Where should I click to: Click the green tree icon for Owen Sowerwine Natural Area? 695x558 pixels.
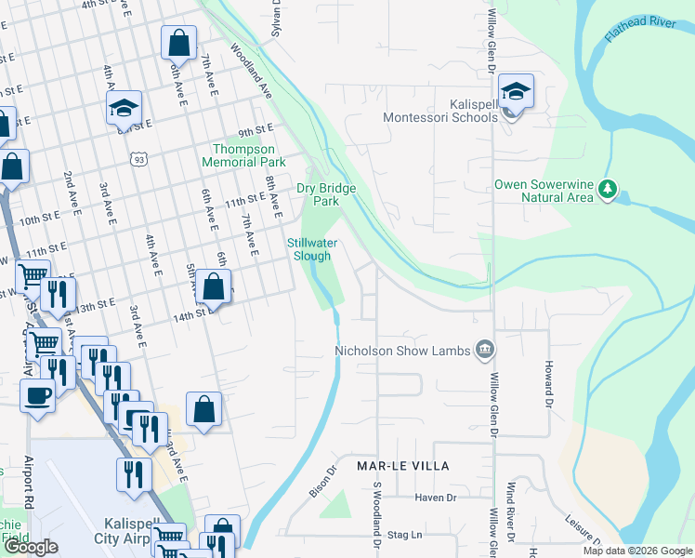click(608, 190)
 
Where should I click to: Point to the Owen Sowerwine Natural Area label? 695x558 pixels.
click(544, 191)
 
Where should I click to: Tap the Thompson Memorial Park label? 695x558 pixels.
click(243, 154)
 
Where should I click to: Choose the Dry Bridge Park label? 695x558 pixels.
click(325, 194)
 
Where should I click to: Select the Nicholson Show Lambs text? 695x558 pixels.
click(403, 351)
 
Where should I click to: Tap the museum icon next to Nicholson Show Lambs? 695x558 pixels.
click(484, 350)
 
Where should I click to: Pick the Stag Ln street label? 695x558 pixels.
click(404, 535)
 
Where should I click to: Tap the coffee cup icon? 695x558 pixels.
click(37, 394)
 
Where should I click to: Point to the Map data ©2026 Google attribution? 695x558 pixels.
click(636, 551)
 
